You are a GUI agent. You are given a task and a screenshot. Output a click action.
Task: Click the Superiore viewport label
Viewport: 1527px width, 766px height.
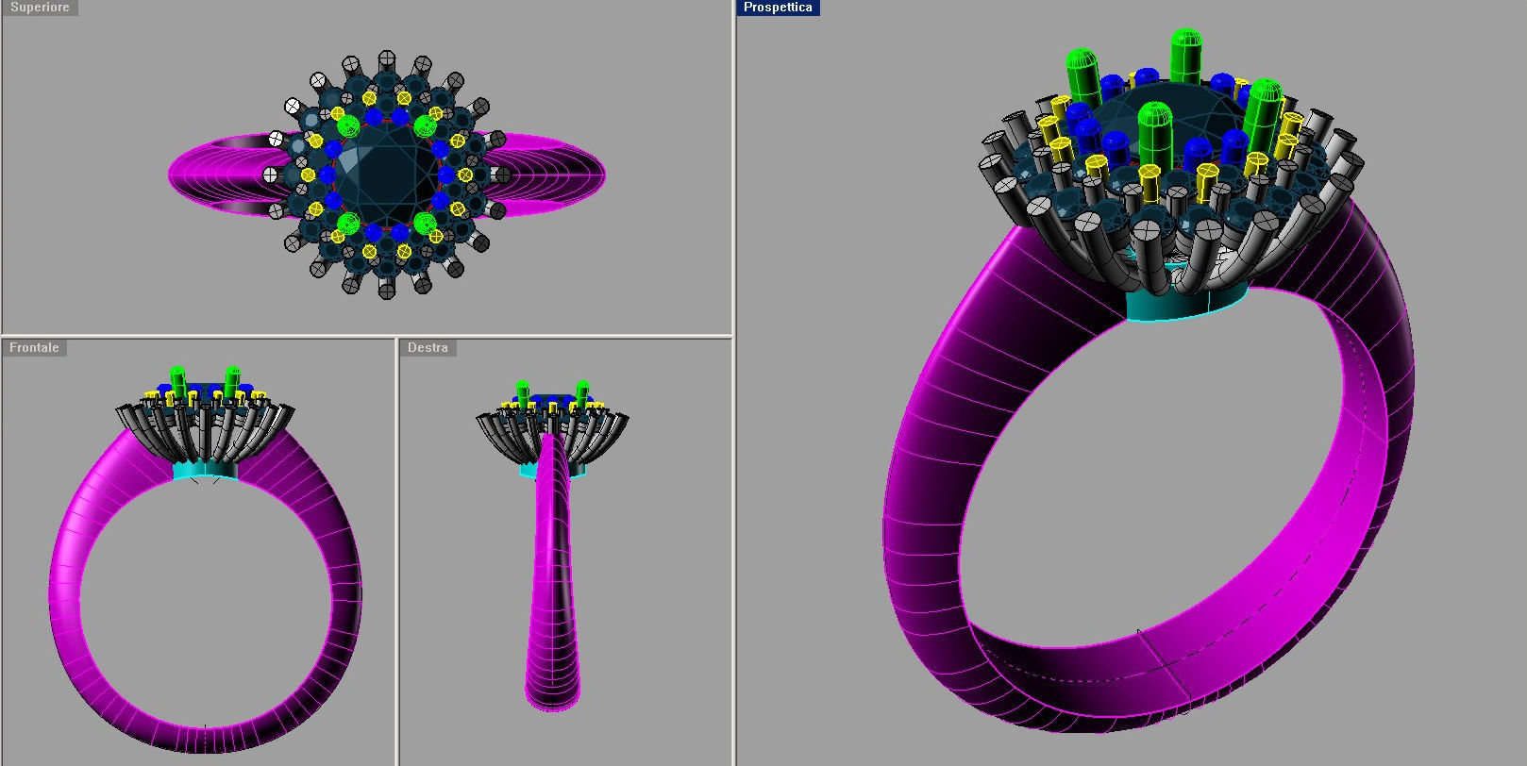[x=40, y=8]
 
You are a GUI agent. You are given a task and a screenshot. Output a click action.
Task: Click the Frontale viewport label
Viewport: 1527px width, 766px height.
[x=34, y=348]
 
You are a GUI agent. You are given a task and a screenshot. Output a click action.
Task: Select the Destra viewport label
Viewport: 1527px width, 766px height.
[x=428, y=348]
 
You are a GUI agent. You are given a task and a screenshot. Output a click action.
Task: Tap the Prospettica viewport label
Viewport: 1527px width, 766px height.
[x=778, y=8]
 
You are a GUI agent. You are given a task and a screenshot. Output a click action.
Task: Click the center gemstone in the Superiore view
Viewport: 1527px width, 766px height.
[x=387, y=175]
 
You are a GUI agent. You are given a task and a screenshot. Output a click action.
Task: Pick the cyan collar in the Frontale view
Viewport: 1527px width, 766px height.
[x=205, y=471]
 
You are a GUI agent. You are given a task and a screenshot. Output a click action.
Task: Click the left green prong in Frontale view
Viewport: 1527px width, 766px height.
[x=177, y=380]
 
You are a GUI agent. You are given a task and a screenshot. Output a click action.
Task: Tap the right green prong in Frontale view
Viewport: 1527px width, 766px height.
[x=232, y=380]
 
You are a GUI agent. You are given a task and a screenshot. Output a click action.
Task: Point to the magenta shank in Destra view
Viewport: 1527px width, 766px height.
[x=553, y=585]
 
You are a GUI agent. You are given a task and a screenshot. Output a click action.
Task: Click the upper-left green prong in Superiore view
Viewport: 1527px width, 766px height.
[x=347, y=125]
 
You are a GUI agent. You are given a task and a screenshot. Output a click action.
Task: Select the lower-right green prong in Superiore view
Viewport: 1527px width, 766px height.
[x=425, y=224]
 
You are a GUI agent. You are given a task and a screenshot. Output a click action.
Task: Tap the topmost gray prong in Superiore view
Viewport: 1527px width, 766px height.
[x=385, y=59]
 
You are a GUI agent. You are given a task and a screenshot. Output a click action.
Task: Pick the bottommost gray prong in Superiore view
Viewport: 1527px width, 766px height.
[x=387, y=291]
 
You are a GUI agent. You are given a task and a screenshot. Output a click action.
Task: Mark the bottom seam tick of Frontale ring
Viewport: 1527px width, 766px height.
[x=205, y=727]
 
